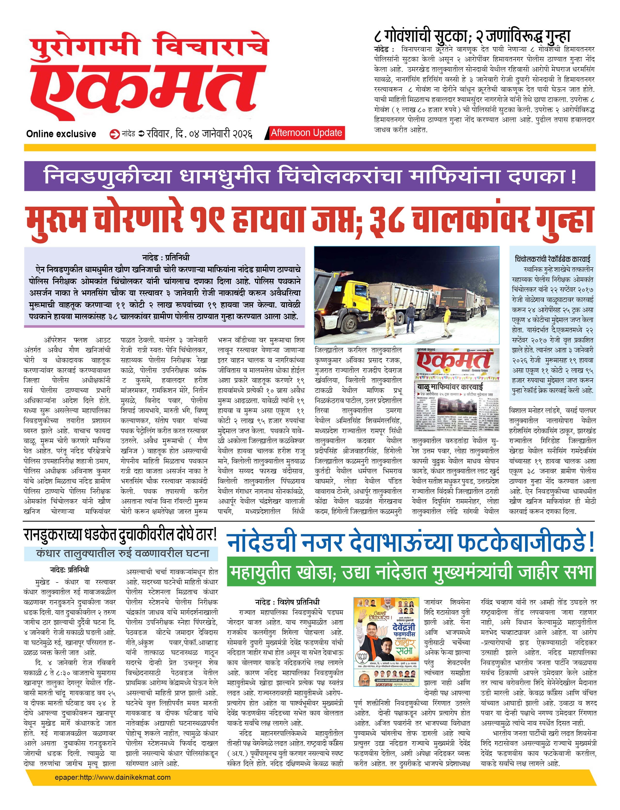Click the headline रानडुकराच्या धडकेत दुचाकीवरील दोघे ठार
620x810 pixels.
coord(120,535)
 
